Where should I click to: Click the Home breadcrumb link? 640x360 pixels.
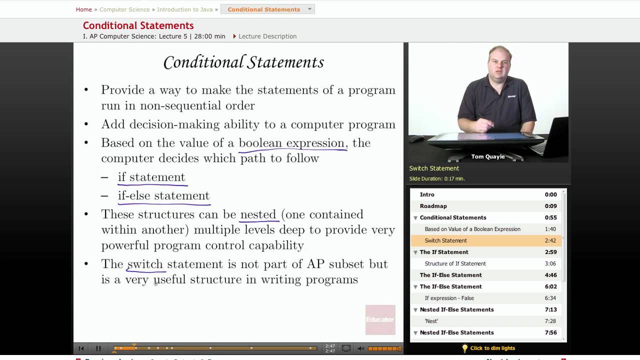click(x=83, y=9)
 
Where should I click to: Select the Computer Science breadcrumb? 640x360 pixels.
click(x=124, y=9)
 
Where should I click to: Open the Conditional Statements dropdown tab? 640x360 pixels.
click(x=267, y=9)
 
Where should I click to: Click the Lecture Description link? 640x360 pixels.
click(x=267, y=36)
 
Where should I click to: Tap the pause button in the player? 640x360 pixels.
click(x=98, y=348)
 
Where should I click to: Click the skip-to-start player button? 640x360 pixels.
click(x=81, y=348)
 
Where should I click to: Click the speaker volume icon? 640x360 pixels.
click(x=361, y=348)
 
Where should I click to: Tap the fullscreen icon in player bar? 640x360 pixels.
click(x=346, y=348)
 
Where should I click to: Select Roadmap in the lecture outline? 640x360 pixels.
click(x=433, y=206)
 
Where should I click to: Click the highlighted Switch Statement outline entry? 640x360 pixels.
click(x=445, y=240)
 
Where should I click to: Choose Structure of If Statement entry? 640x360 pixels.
click(x=455, y=263)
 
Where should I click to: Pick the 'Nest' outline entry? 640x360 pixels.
click(x=431, y=321)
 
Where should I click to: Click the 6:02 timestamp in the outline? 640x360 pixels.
click(x=550, y=286)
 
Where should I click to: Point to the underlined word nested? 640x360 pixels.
click(x=258, y=214)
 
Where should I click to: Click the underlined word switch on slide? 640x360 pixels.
click(x=145, y=264)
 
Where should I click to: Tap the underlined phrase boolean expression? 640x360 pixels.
click(x=292, y=143)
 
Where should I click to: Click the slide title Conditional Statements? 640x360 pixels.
click(x=243, y=62)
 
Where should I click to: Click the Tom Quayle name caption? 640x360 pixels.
click(x=487, y=156)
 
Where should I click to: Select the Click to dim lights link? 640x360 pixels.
click(x=492, y=348)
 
